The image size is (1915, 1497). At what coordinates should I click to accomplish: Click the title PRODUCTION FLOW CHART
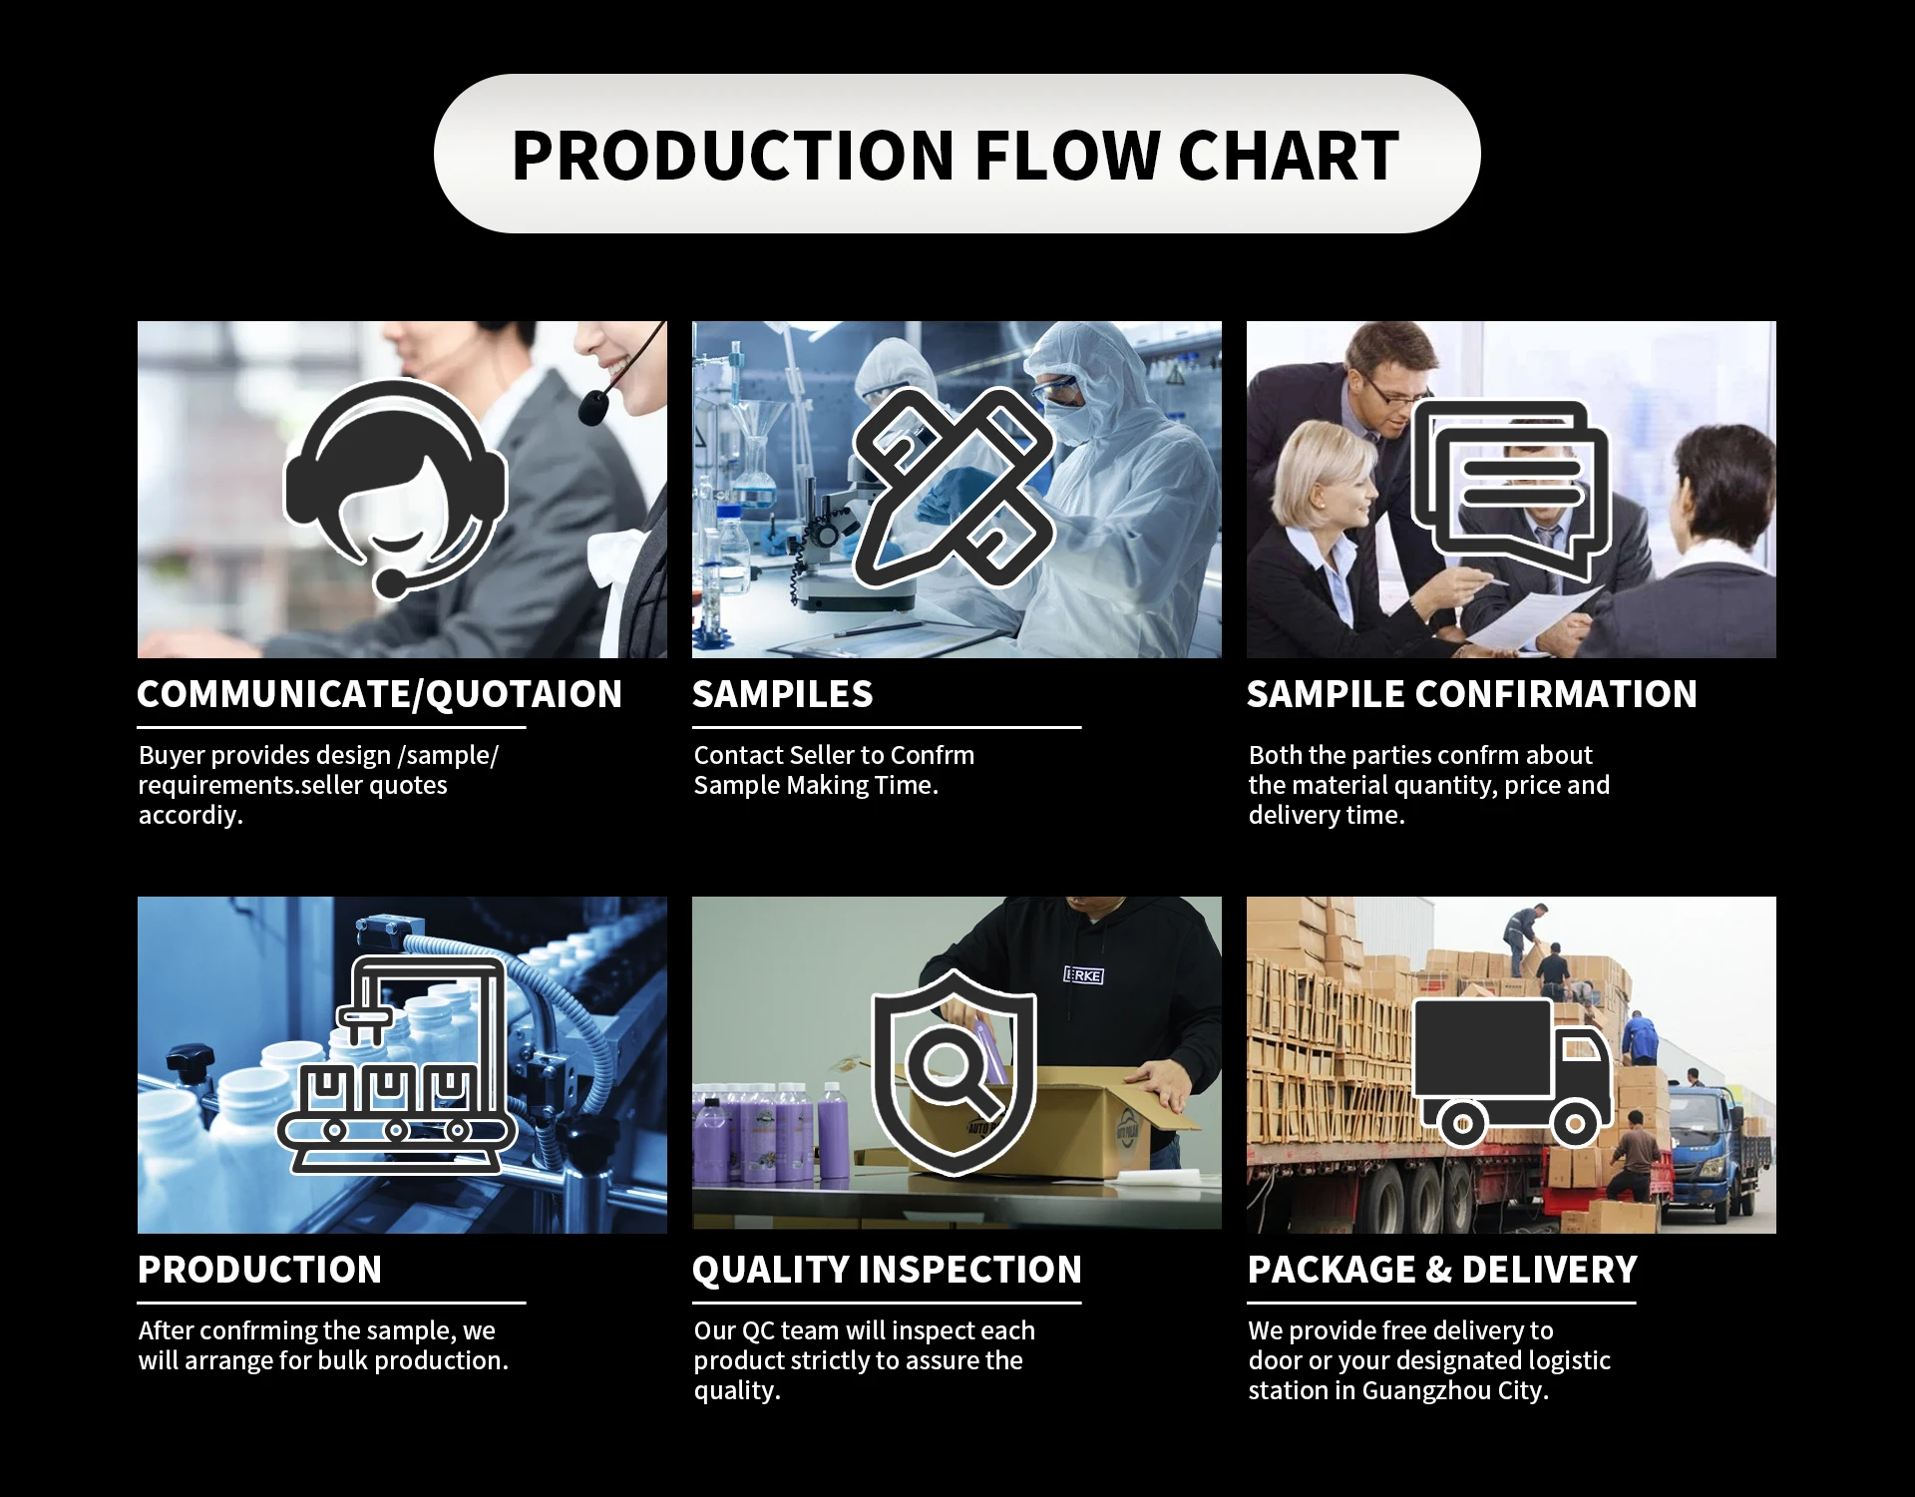point(956,155)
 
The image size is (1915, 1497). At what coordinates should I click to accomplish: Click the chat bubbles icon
point(1510,489)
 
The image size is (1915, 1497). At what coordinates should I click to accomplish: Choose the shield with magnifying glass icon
point(954,1071)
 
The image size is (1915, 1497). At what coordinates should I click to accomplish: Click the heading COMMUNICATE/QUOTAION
point(379,694)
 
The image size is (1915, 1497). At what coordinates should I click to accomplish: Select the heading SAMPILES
point(782,694)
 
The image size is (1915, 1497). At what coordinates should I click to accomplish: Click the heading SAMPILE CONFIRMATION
point(1471,694)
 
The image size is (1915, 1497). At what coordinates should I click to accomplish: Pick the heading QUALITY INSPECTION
point(887,1270)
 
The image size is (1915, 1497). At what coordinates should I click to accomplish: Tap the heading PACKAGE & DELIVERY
point(1442,1270)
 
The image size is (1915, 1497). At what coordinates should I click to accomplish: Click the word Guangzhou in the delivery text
point(1426,1390)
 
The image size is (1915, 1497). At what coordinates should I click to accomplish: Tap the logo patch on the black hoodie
point(1083,975)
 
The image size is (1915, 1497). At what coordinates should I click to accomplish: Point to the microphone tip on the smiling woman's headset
point(593,408)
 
